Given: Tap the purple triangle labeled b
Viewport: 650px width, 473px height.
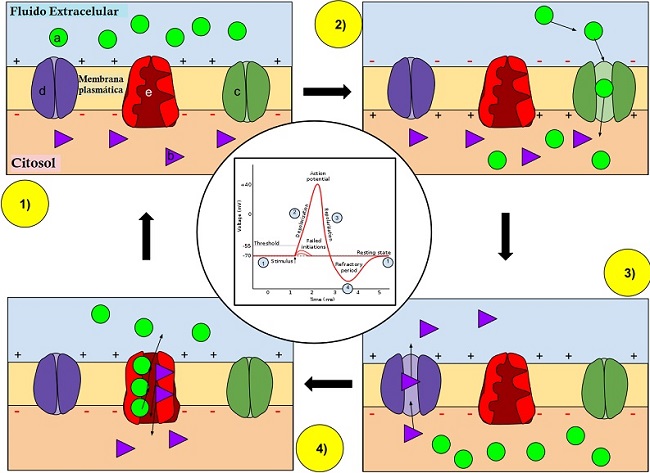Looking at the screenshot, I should (174, 156).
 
